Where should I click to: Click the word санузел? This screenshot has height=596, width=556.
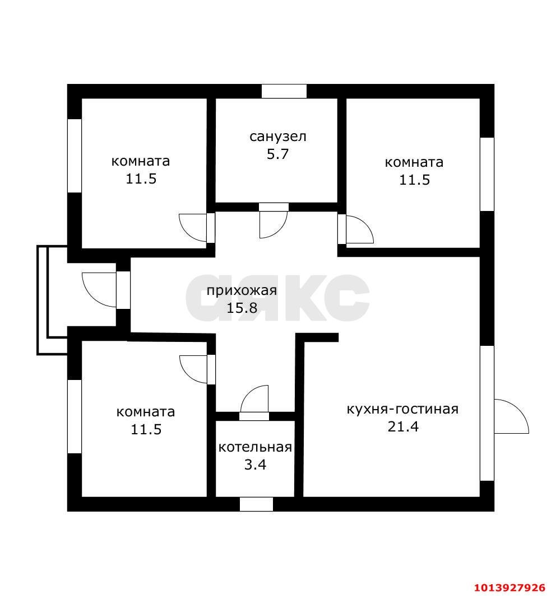click(x=278, y=136)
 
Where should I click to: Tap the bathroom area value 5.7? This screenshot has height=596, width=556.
click(x=277, y=154)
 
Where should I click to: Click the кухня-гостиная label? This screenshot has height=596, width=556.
click(x=402, y=409)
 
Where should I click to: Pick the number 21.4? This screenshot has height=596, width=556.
click(x=403, y=426)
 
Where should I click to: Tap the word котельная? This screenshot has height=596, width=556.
click(x=255, y=447)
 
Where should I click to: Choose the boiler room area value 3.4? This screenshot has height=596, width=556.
click(x=255, y=464)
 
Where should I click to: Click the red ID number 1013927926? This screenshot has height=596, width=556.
click(x=509, y=588)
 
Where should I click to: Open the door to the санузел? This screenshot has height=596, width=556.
click(x=274, y=221)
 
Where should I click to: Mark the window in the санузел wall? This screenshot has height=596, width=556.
click(x=284, y=91)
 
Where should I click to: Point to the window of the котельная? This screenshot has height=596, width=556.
click(x=256, y=504)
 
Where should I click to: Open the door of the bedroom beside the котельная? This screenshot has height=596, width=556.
click(x=197, y=369)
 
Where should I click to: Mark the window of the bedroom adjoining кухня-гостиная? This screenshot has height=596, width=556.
click(x=486, y=174)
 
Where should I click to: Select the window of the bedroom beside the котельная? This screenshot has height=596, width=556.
click(x=75, y=416)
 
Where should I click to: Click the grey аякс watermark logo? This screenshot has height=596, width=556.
click(x=314, y=298)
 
